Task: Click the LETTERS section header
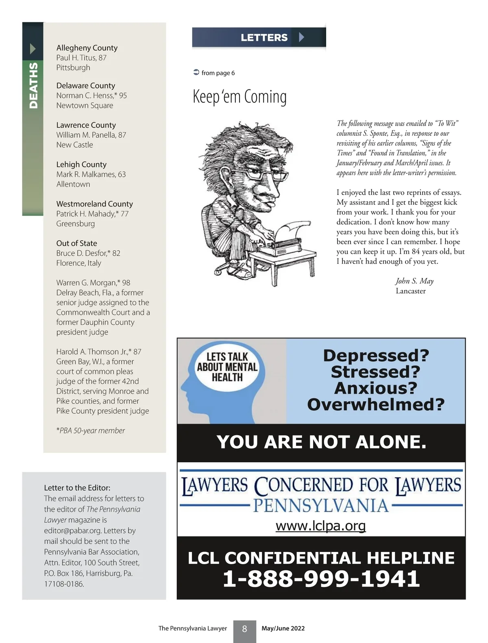(264, 37)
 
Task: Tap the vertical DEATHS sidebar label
(33, 85)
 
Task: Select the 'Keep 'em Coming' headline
(240, 97)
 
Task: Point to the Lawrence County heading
(86, 125)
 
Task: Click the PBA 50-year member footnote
(91, 430)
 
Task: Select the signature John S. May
(414, 281)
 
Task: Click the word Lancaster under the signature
(410, 291)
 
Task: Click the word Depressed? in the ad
(376, 356)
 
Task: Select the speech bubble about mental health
(227, 367)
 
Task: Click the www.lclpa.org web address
(321, 526)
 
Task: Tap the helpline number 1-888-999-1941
(321, 578)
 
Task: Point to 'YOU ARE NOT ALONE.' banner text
(321, 442)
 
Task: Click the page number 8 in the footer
(244, 629)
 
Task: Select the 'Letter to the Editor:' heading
(77, 488)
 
